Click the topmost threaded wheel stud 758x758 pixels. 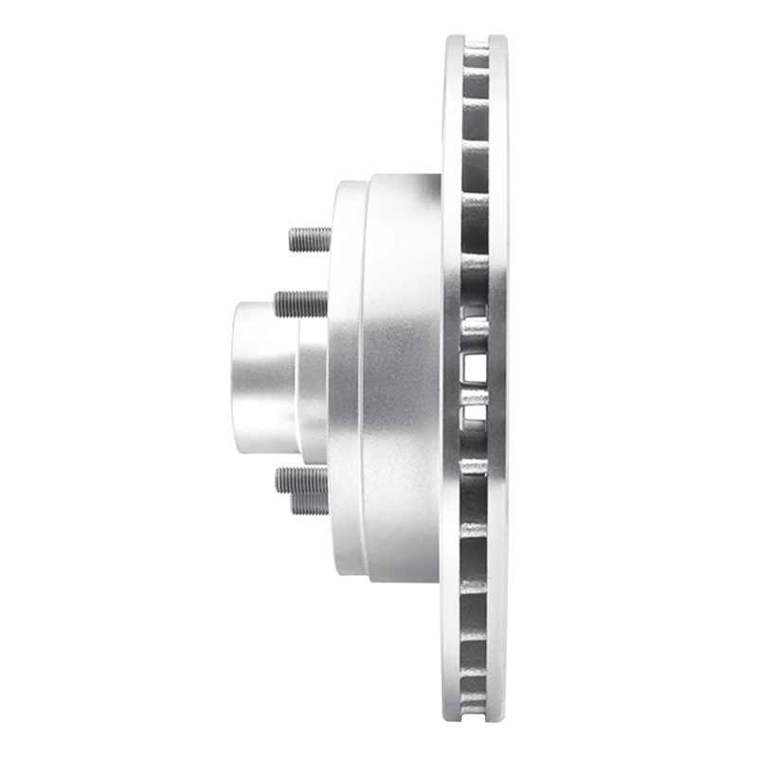(x=310, y=238)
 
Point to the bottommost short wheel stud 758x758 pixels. (x=310, y=503)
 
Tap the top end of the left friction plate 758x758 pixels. (x=453, y=42)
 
